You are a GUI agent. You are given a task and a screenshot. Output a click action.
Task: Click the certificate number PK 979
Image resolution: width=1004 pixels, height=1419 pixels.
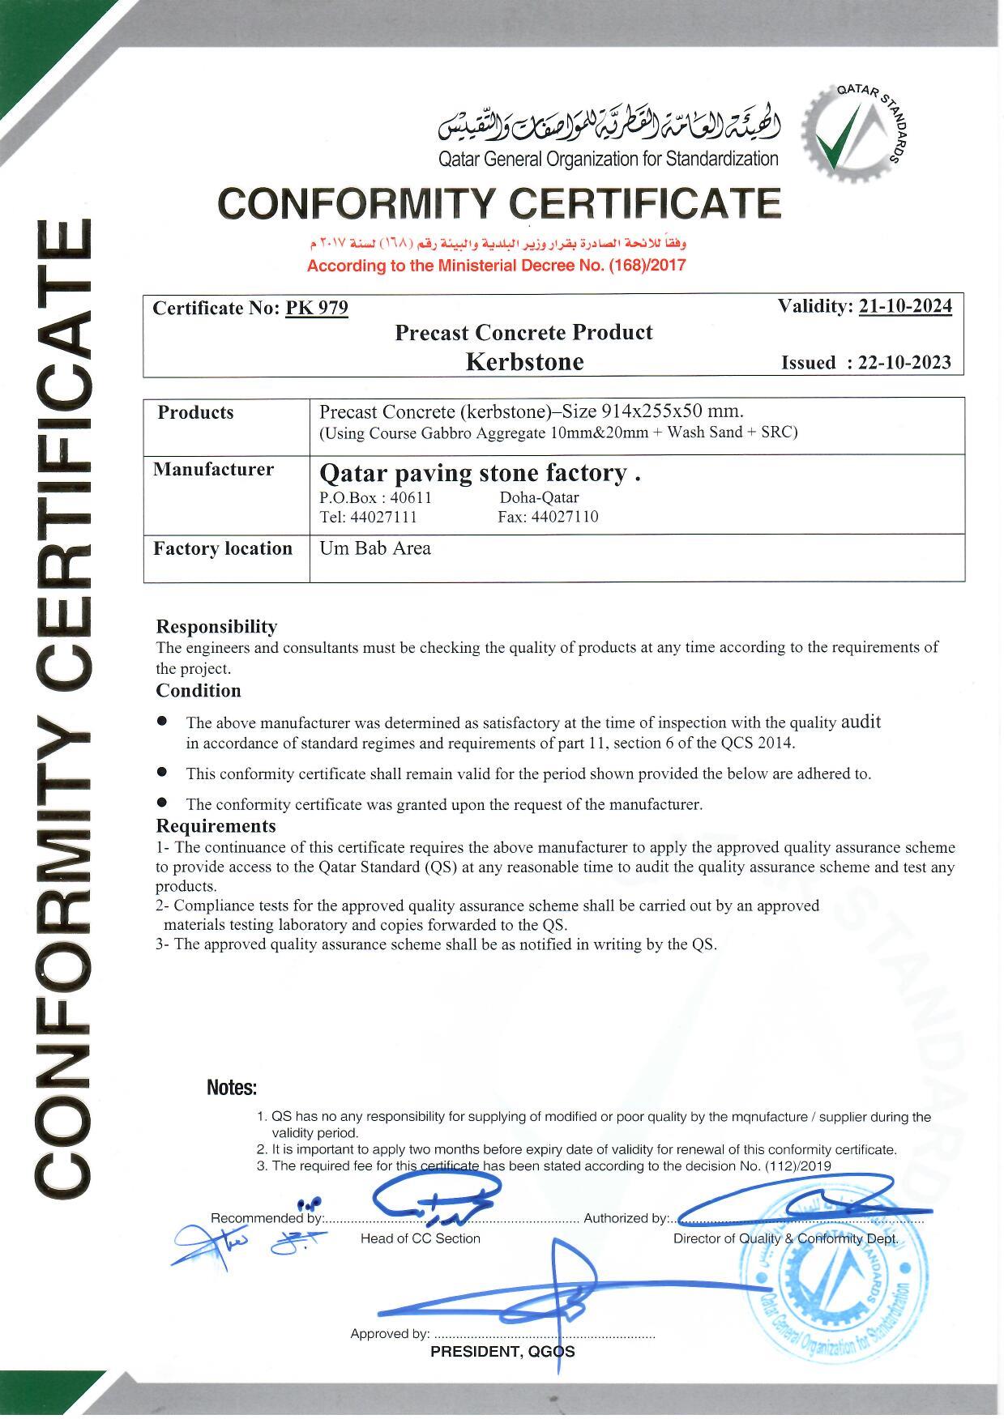[317, 309]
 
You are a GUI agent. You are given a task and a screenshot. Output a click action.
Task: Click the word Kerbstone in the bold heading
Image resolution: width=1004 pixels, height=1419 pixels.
[524, 361]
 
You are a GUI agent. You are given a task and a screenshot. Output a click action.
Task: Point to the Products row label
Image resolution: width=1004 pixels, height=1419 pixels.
[195, 413]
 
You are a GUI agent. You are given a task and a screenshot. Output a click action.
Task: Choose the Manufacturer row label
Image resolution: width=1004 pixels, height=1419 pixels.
[213, 470]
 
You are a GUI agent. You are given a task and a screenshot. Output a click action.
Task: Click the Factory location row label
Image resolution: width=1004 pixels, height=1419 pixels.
[223, 548]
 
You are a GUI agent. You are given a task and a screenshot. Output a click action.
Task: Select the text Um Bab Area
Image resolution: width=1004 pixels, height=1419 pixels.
[375, 548]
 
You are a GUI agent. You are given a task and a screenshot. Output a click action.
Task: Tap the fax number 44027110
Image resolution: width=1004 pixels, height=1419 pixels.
[565, 517]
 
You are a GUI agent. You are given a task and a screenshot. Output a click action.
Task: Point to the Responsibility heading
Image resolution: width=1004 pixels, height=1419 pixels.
[216, 626]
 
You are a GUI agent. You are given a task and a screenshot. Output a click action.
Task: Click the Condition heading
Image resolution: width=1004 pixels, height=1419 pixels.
[199, 691]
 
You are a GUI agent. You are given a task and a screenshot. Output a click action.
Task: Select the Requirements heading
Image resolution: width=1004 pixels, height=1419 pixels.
[216, 826]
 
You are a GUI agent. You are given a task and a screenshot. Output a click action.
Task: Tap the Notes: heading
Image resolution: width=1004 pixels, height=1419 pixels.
[232, 1087]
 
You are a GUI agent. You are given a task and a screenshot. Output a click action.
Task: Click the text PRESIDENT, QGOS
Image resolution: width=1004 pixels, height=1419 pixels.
[502, 1351]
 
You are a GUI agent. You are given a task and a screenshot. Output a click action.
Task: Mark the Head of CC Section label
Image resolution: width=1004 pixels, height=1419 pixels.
[420, 1238]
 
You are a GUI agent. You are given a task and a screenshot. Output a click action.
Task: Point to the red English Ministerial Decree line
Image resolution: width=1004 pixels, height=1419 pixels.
[496, 265]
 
